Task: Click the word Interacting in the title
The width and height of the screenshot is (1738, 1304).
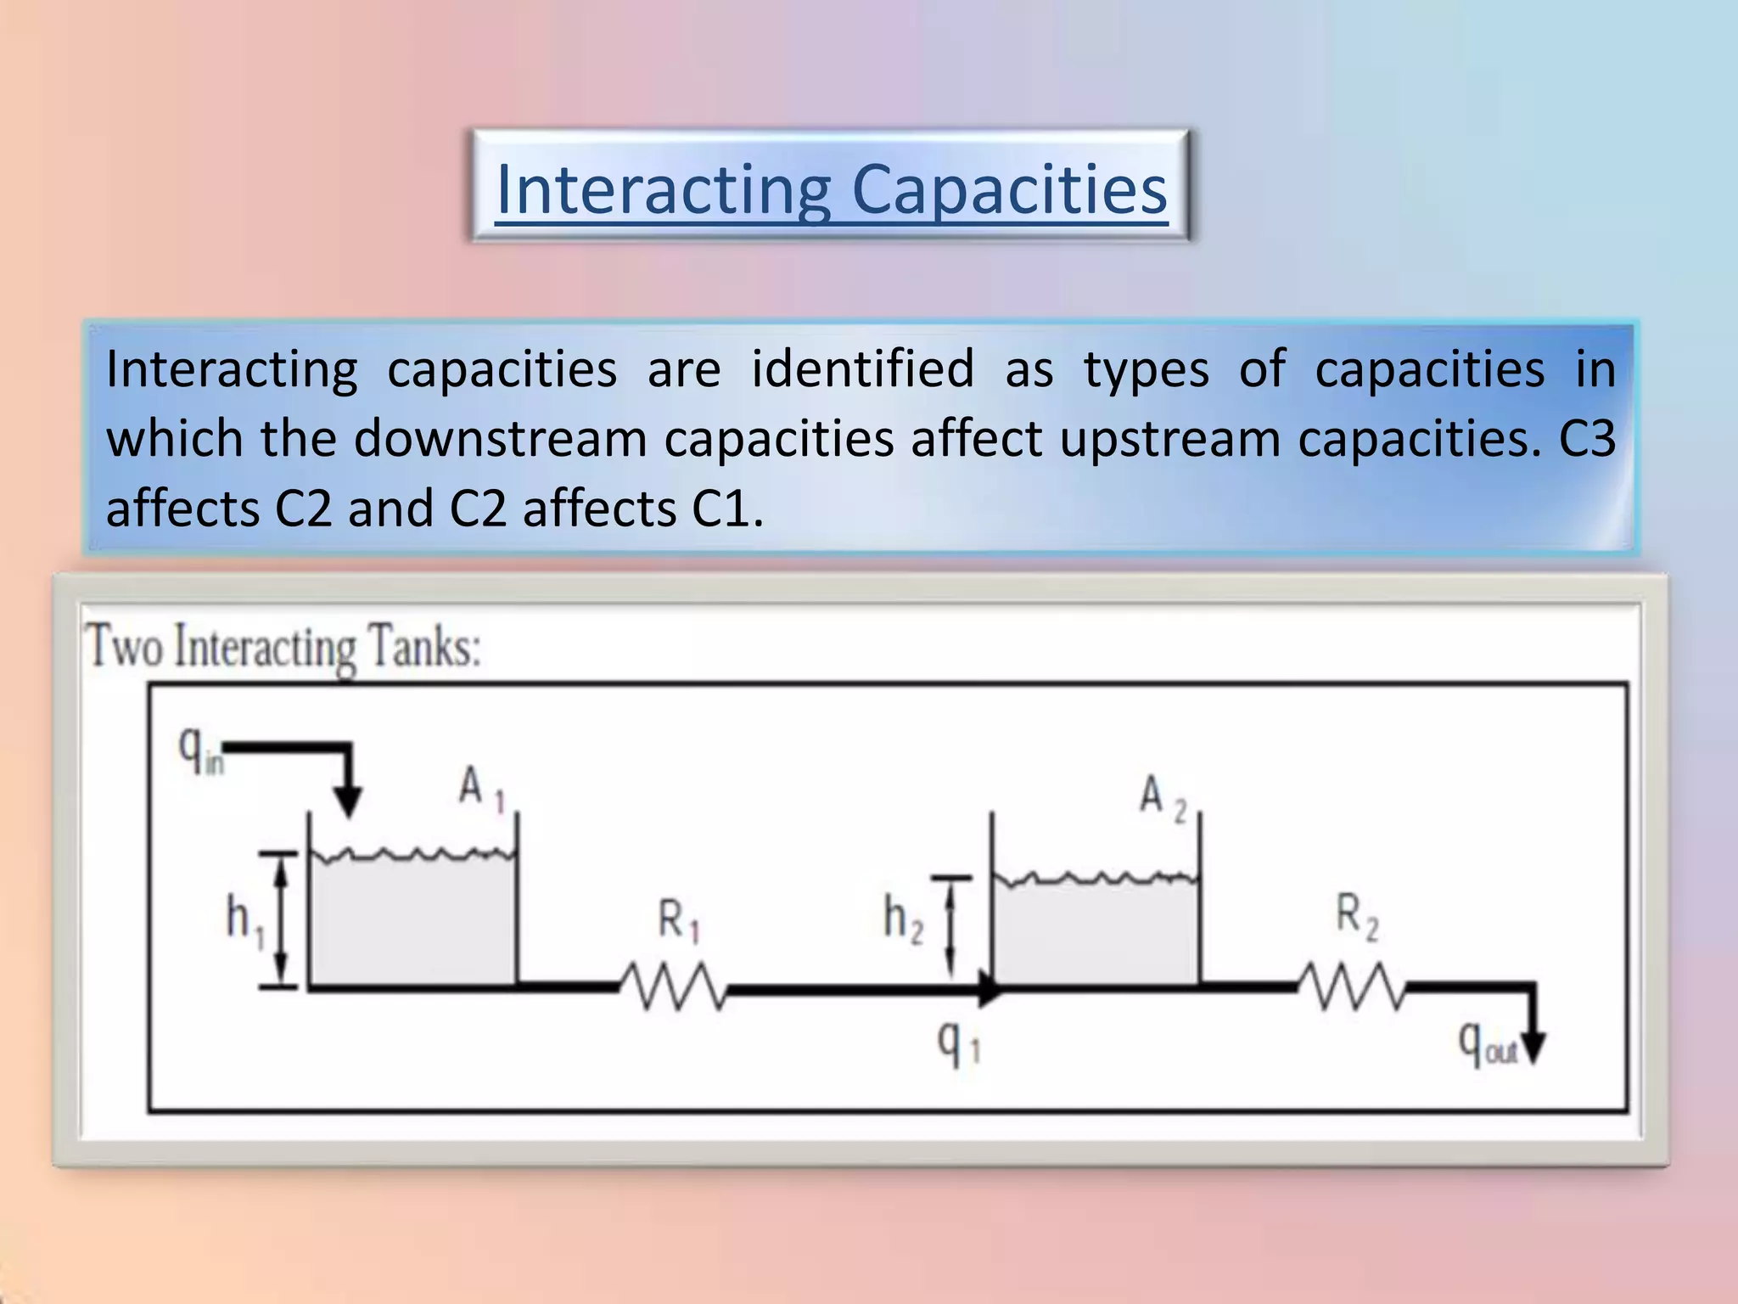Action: coord(663,189)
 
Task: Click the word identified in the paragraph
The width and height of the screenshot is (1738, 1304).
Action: coord(863,369)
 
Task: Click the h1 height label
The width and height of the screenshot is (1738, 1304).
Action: coord(244,921)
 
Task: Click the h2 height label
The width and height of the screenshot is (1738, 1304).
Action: coord(902,919)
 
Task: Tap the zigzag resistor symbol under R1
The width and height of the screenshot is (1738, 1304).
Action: coord(673,986)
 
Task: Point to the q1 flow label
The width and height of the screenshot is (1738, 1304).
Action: coord(957,1043)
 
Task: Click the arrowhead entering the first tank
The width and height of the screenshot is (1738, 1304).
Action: coord(347,801)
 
